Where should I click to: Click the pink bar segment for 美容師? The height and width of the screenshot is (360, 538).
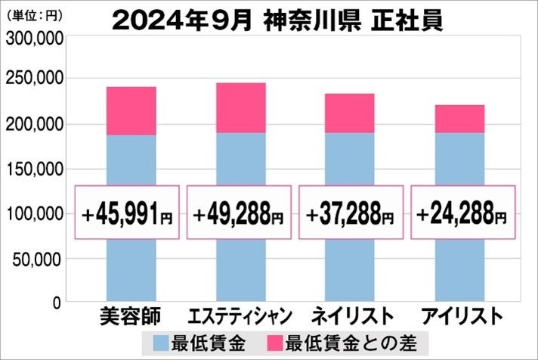131,111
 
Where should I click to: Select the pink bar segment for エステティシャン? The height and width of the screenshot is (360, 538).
241,108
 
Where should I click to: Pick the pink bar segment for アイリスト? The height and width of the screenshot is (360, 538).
459,119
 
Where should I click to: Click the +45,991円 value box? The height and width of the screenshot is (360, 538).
128,213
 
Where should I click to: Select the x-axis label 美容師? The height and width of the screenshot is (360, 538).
129,315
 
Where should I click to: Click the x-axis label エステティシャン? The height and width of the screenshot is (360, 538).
240,315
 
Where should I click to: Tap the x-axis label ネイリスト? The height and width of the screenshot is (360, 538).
349,315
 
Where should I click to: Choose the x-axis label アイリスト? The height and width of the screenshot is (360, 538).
459,315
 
